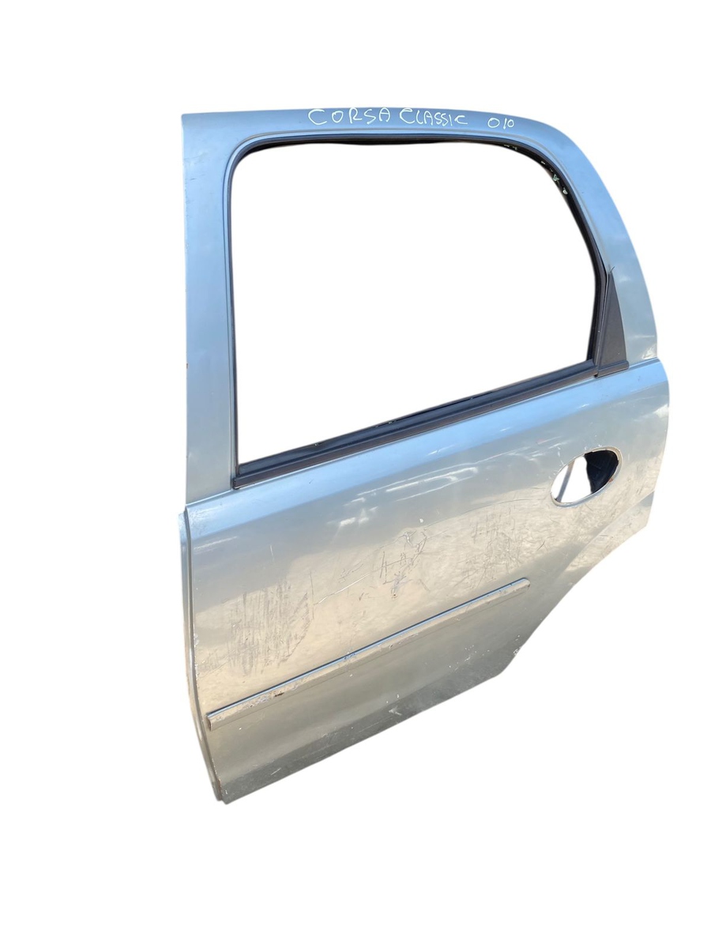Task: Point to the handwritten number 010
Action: click(501, 122)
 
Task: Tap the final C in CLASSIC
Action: click(461, 119)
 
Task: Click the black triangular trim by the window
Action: click(611, 328)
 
